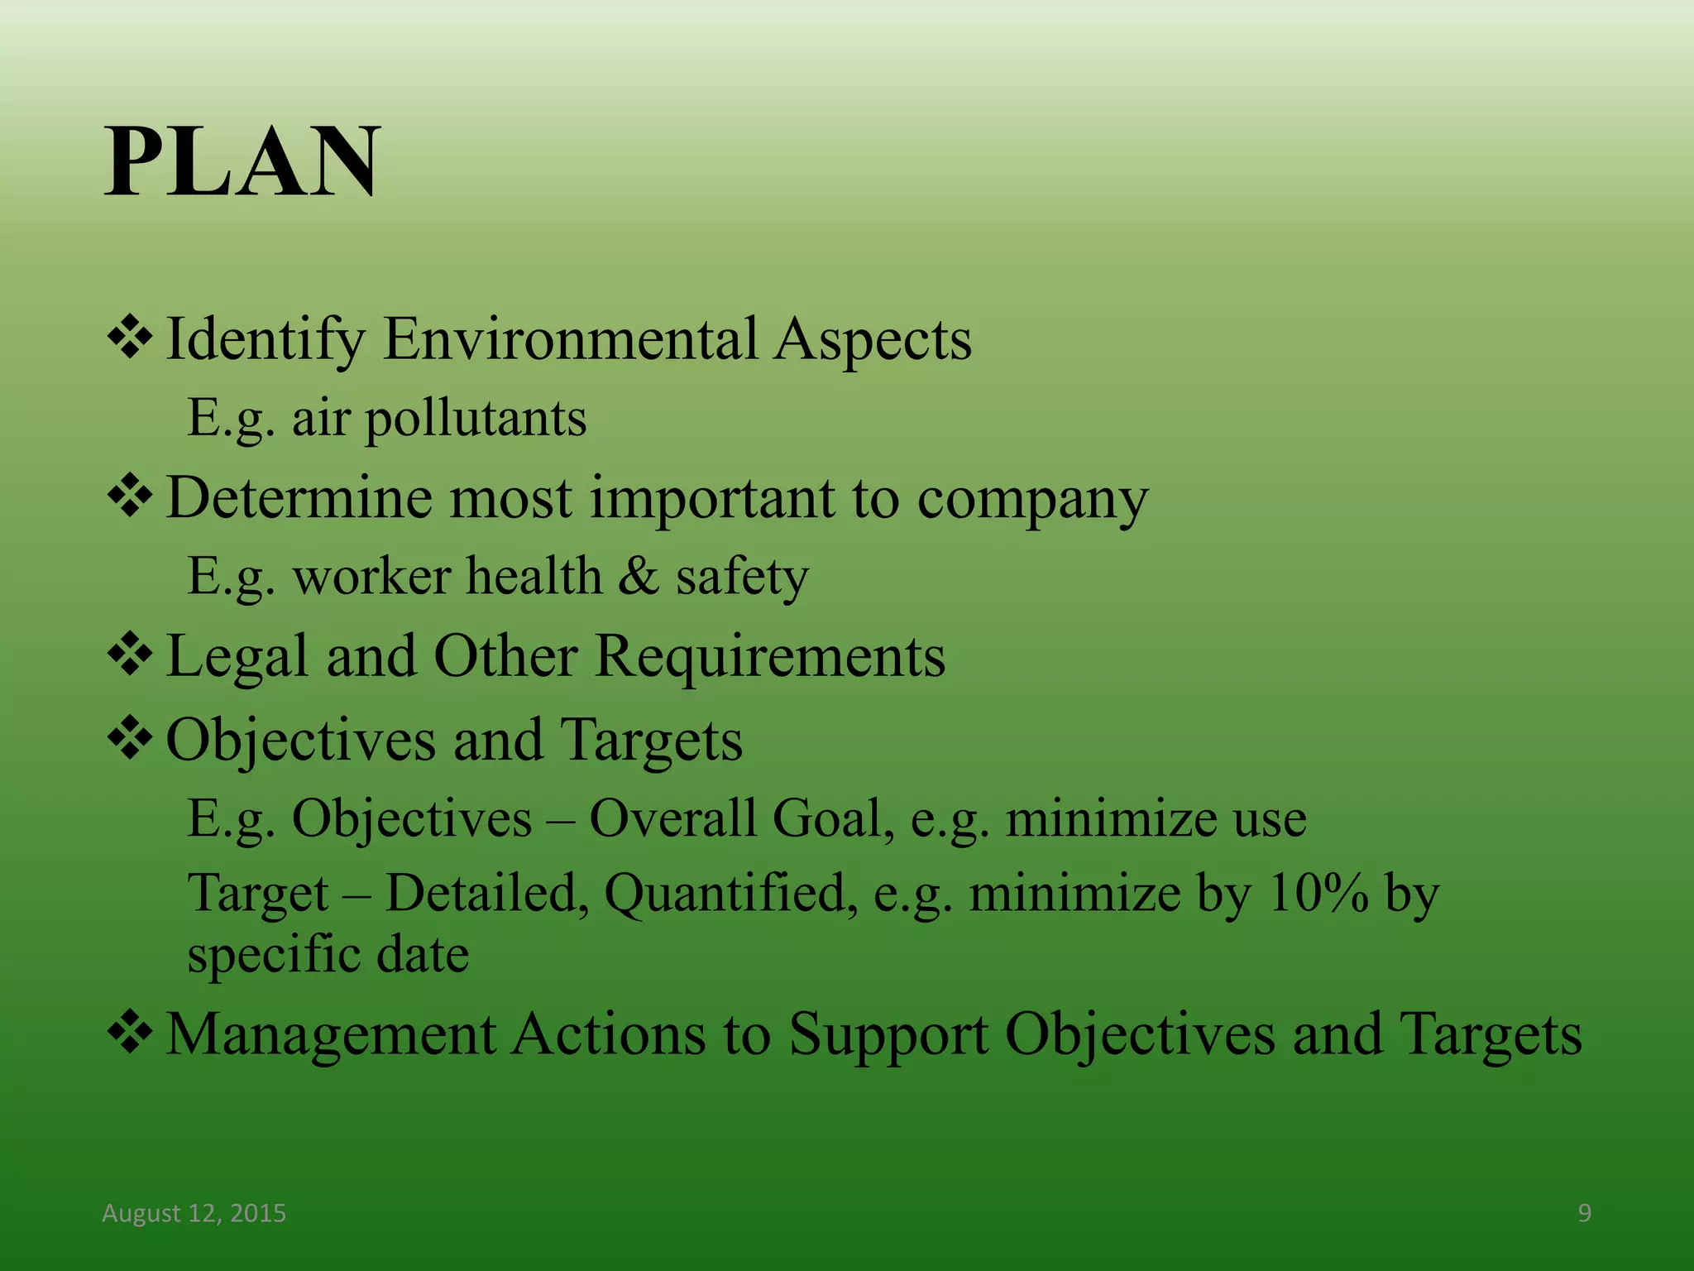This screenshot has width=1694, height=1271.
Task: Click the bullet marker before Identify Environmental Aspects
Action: tap(130, 338)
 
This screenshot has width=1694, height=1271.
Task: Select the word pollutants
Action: tap(476, 418)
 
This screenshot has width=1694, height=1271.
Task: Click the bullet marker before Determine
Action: tap(130, 496)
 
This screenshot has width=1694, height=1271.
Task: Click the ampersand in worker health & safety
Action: tap(638, 576)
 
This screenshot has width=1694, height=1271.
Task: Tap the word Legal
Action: tap(237, 656)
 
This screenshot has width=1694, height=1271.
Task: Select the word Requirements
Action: tap(770, 656)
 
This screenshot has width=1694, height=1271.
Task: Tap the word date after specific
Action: tap(423, 954)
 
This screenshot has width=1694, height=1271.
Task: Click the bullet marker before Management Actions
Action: tap(130, 1034)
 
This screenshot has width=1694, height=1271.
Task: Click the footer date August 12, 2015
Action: tap(194, 1213)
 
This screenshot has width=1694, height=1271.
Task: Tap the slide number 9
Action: tap(1584, 1213)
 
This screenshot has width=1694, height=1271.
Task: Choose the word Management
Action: tap(330, 1035)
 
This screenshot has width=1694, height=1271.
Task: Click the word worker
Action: tap(365, 576)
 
